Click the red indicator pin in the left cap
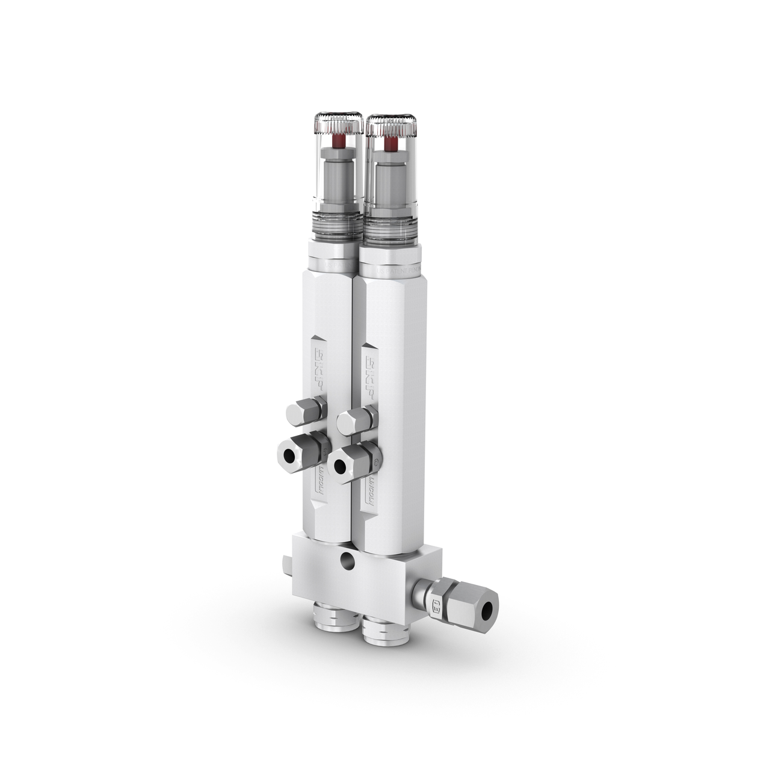coord(339,142)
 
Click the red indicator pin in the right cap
coord(392,144)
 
